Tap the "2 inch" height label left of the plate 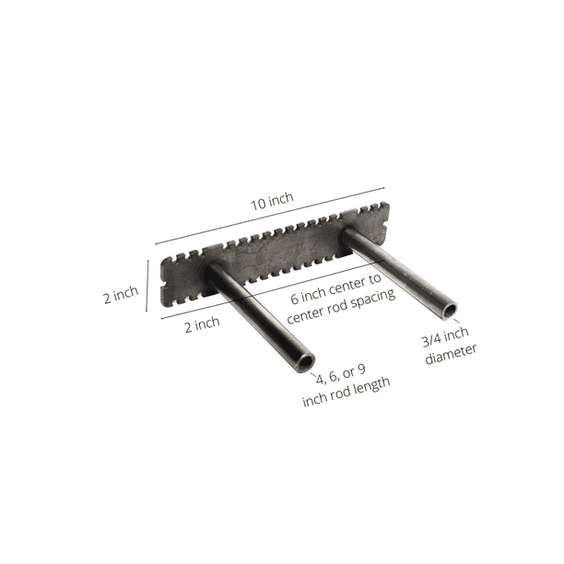(121, 294)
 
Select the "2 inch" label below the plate (201, 323)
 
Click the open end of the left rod (304, 358)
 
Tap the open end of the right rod (448, 310)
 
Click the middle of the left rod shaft (259, 314)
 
